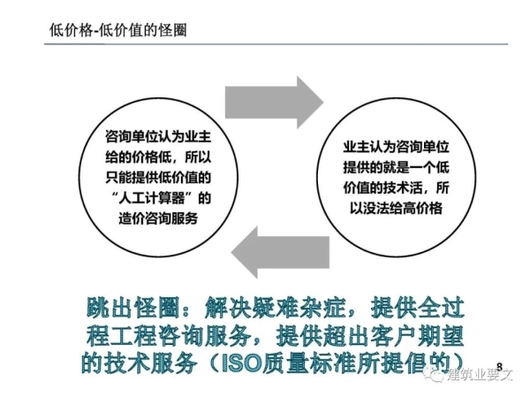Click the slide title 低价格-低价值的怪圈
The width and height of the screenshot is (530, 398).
click(x=118, y=30)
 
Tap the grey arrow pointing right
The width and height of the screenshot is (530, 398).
click(x=274, y=103)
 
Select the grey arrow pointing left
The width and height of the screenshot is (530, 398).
click(x=280, y=252)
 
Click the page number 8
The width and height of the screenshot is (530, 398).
click(x=500, y=366)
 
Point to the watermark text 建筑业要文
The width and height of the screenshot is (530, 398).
click(x=480, y=375)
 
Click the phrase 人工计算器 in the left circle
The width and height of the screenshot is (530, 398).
click(x=151, y=198)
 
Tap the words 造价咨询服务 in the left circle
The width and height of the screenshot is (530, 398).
click(x=158, y=218)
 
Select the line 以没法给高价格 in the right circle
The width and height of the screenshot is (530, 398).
click(x=396, y=208)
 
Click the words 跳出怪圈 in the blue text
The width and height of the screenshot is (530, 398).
click(x=132, y=308)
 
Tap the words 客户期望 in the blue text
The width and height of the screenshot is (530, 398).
click(x=417, y=336)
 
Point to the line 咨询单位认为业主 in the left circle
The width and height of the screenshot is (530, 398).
click(x=158, y=137)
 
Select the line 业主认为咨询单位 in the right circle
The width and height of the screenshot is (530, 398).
click(x=396, y=147)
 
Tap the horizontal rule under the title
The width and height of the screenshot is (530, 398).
click(x=276, y=44)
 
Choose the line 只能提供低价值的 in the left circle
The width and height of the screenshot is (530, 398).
click(x=158, y=178)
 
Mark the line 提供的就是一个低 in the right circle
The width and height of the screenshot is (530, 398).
click(x=396, y=167)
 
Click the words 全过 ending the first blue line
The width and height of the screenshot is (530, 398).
click(x=441, y=308)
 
